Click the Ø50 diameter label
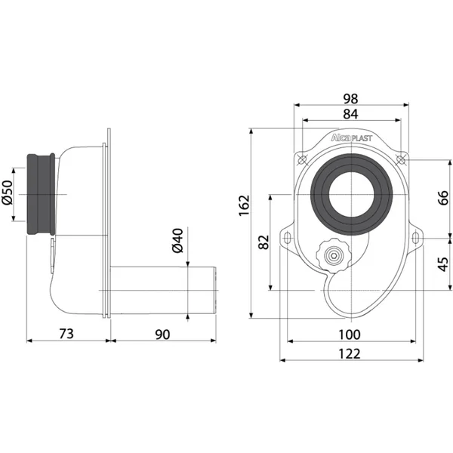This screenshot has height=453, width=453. click(8, 193)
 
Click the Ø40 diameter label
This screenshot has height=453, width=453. click(177, 241)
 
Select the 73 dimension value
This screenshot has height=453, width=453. click(66, 334)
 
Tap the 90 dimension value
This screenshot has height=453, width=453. click(162, 334)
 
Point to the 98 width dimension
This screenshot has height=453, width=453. click(351, 99)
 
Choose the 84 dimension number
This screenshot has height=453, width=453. click(351, 114)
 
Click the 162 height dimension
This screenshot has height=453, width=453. click(245, 205)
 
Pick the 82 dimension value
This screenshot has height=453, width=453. click(263, 242)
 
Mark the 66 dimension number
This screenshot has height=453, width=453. click(443, 198)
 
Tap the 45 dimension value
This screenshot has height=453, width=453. click(443, 264)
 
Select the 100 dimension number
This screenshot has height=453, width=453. click(350, 334)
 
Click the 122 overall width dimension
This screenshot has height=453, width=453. click(350, 354)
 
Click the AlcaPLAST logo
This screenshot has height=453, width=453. click(351, 138)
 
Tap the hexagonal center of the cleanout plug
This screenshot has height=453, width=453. click(334, 255)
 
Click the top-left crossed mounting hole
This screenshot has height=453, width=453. click(302, 160)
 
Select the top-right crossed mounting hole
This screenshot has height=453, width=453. click(401, 159)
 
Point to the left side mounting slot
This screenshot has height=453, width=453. click(288, 239)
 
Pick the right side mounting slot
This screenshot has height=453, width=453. click(414, 239)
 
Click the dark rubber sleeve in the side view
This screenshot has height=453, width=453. click(41, 194)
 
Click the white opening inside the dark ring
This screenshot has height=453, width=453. click(351, 195)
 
